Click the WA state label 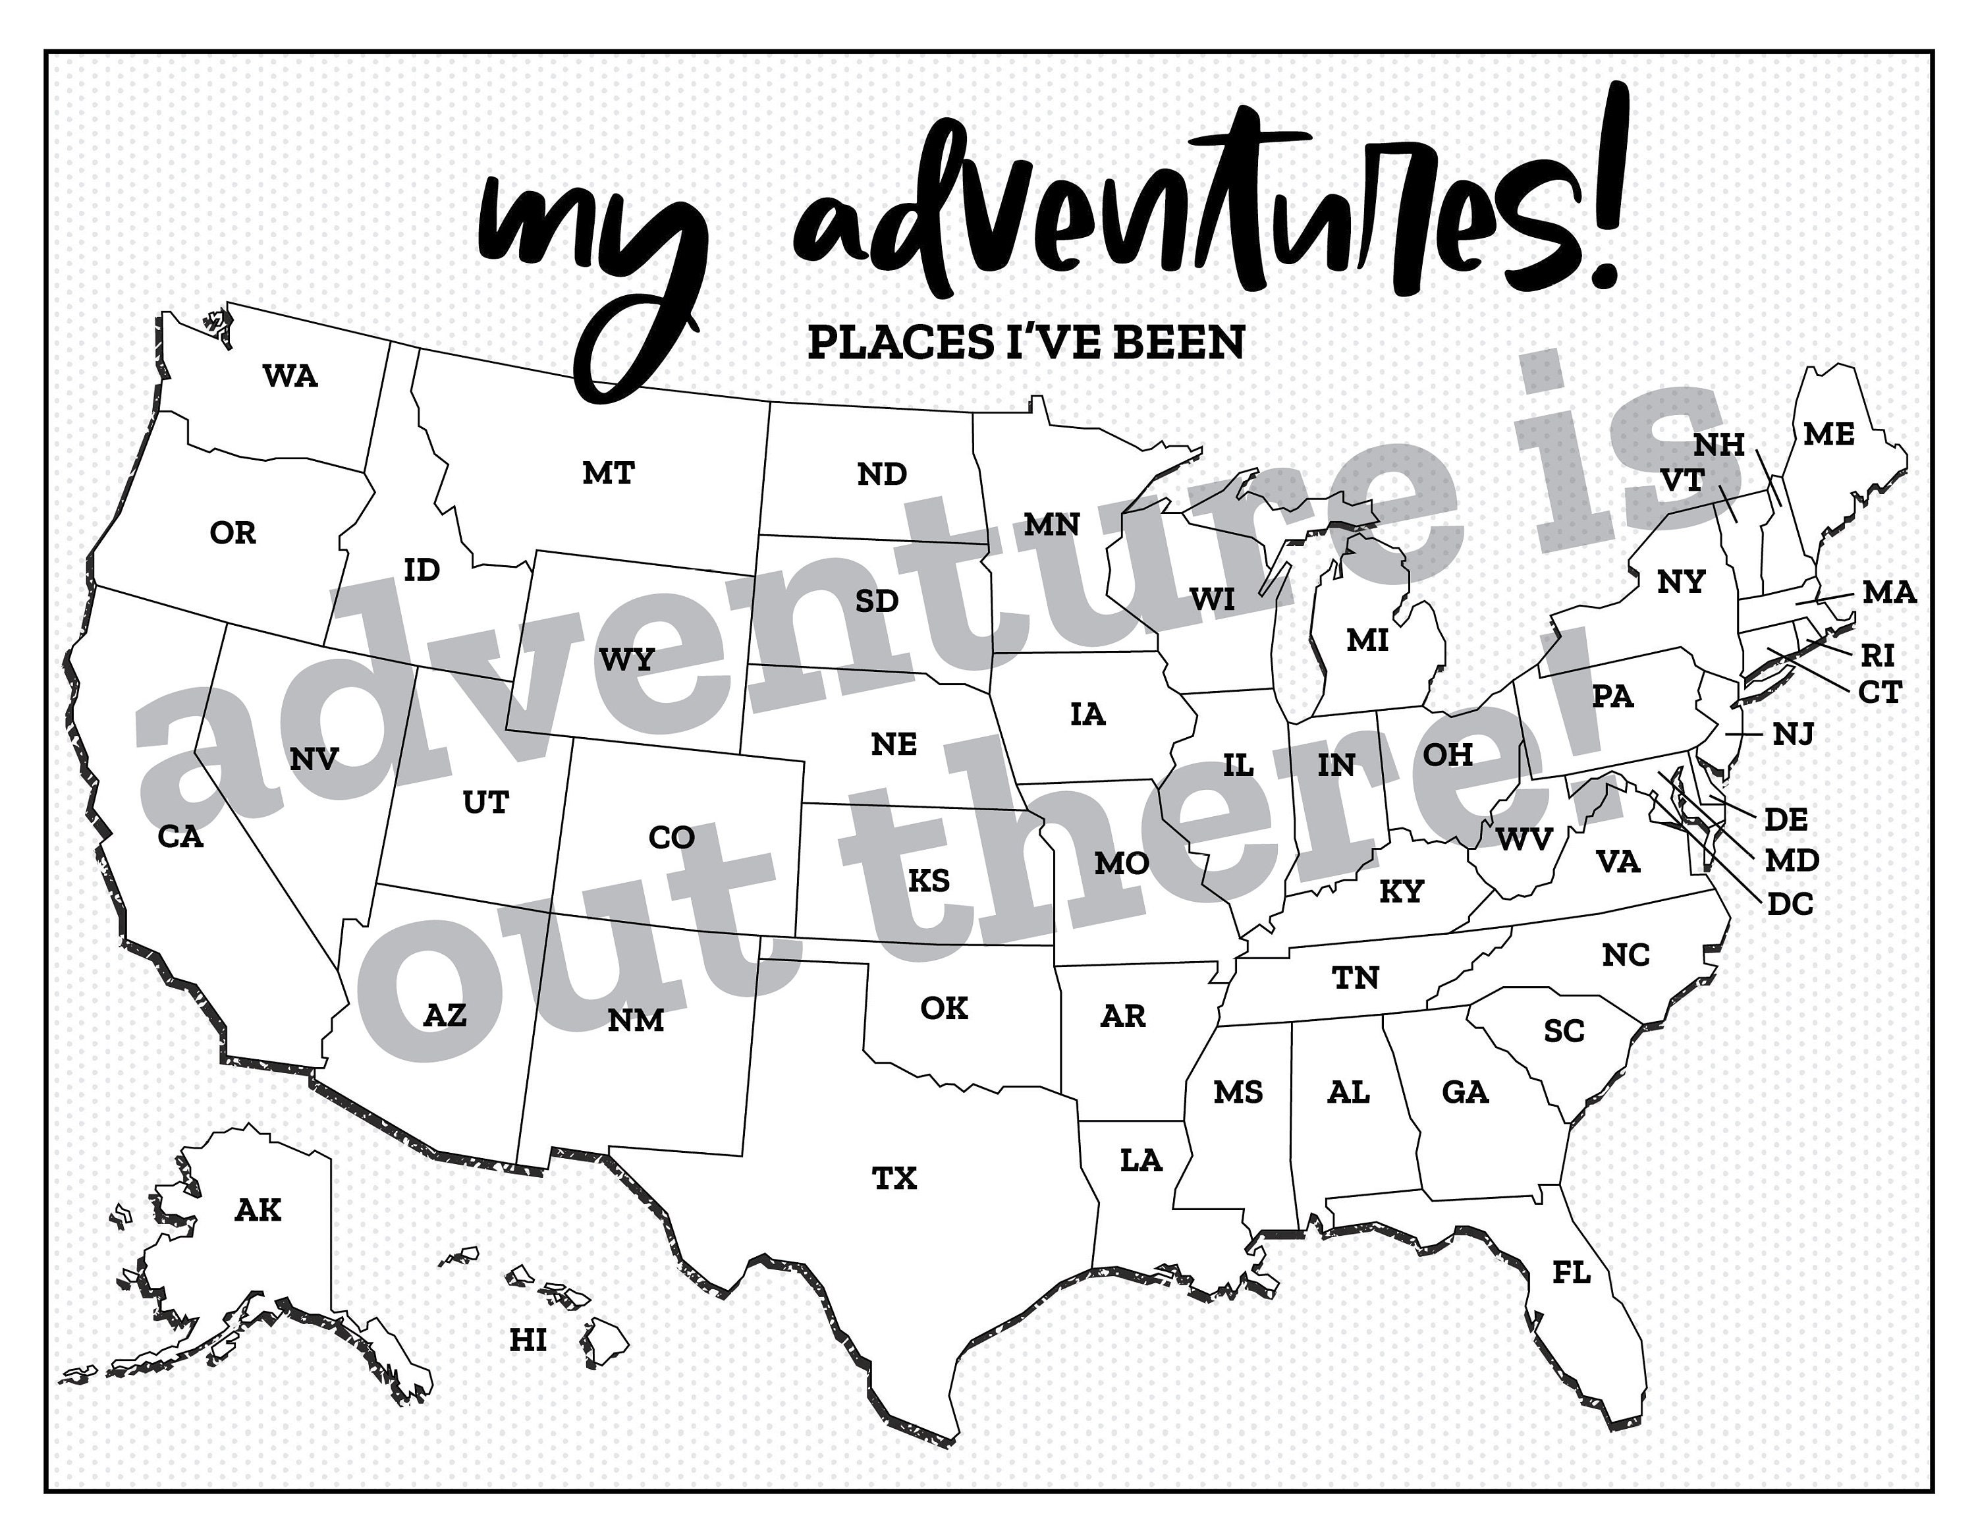pos(290,375)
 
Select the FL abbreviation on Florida pos(1571,1273)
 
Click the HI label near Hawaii pos(528,1340)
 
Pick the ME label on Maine pos(1828,435)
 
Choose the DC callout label pos(1790,904)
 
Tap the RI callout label pos(1877,655)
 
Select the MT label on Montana pos(608,472)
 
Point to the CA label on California pos(181,837)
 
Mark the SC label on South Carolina pos(1564,1031)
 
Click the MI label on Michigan pos(1367,640)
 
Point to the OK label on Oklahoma pos(944,1008)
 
